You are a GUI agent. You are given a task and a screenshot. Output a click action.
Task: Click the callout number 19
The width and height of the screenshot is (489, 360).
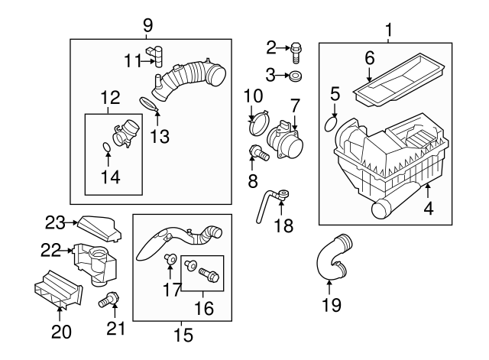coord(329,305)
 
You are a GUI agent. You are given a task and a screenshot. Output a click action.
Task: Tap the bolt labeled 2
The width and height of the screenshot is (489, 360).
coord(296,50)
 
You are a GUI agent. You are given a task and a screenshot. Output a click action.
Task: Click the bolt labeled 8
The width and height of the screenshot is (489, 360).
coord(257,154)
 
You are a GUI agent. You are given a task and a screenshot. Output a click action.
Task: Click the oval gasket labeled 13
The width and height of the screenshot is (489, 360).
coord(150,103)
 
